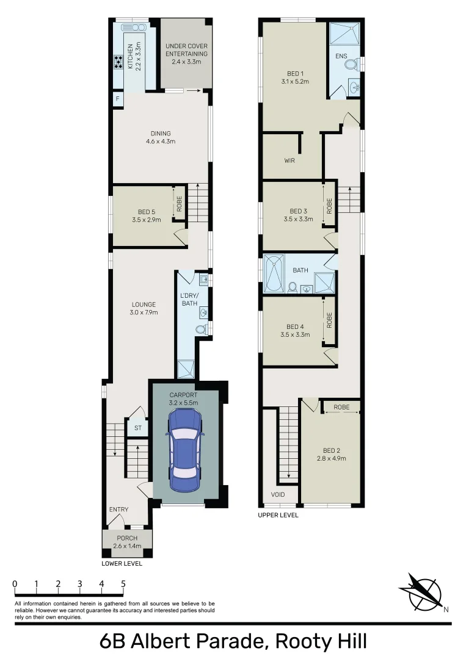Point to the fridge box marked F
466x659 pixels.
[116, 99]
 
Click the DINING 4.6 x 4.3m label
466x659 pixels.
[161, 137]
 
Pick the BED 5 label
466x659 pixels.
[145, 215]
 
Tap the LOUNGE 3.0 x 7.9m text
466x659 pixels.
[144, 308]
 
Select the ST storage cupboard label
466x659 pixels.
[138, 428]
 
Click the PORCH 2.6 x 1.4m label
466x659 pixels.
[127, 542]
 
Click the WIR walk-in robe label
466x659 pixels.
[289, 161]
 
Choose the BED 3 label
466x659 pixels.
[297, 215]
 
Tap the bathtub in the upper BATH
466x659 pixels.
[274, 275]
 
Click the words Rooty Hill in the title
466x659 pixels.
[321, 642]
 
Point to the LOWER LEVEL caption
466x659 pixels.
[122, 563]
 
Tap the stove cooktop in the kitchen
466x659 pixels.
[117, 62]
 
